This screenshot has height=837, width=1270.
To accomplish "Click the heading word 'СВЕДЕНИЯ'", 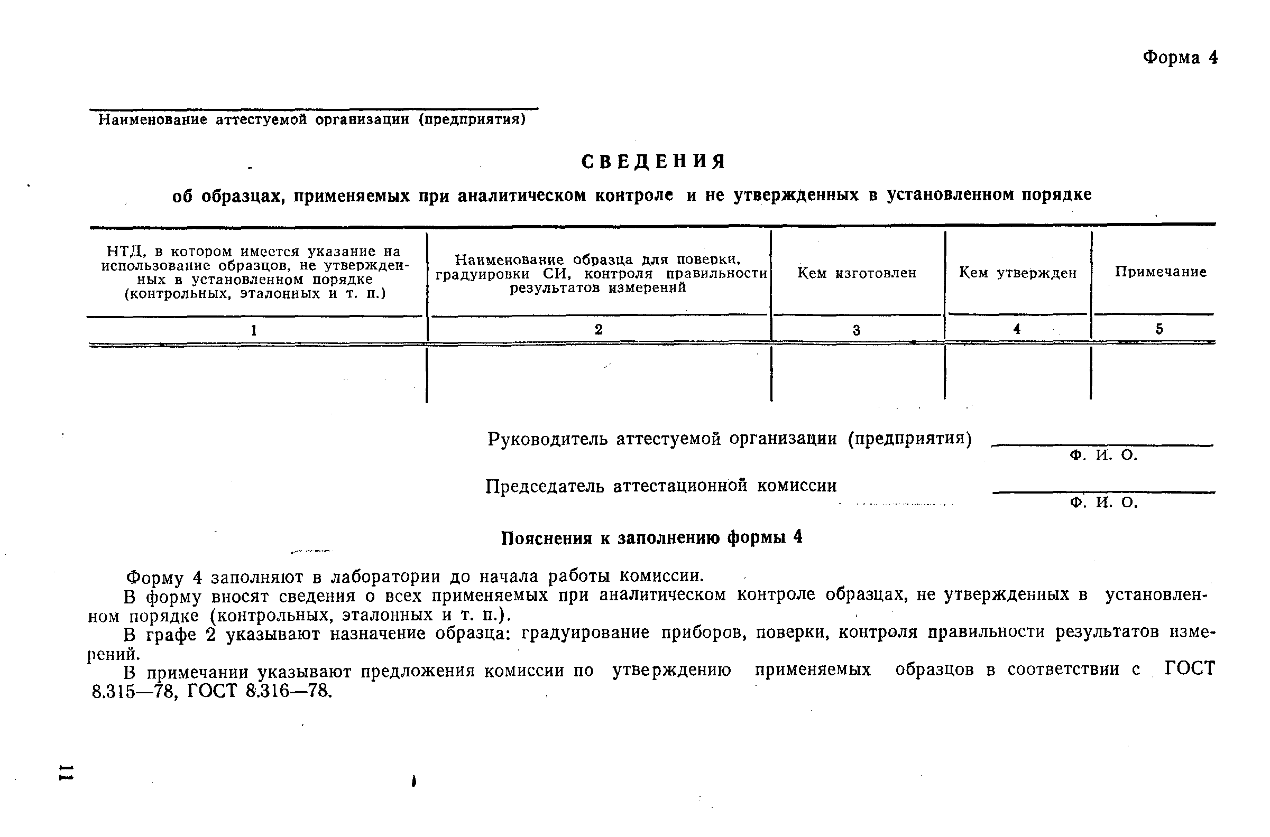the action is (x=654, y=161).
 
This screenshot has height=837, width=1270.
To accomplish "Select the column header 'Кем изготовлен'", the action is (x=857, y=273).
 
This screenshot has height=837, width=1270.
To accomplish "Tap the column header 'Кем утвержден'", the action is (x=1017, y=273).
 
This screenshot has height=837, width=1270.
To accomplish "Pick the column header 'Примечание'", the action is (x=1161, y=272).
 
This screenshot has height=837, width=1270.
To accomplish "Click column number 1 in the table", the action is (x=254, y=330).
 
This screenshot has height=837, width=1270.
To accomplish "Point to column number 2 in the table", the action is (x=598, y=329).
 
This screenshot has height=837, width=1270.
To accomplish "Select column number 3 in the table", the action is (x=856, y=330).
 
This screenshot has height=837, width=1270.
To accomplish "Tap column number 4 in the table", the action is (x=1017, y=329).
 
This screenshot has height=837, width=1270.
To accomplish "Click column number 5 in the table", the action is (x=1159, y=329).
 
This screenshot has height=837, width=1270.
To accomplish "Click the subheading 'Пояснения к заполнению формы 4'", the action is (x=651, y=537).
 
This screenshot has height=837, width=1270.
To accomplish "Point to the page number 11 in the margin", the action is (x=67, y=772).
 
